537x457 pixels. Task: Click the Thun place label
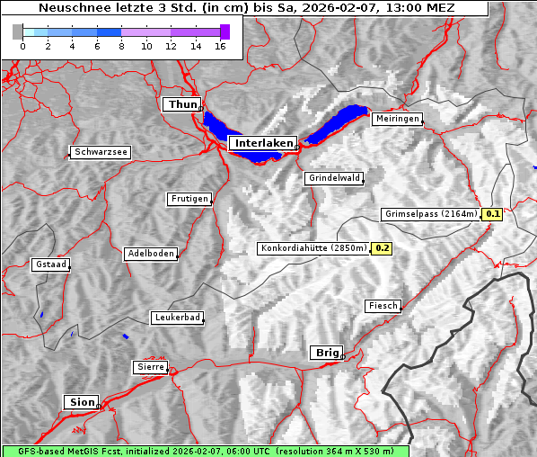pyautogui.click(x=182, y=105)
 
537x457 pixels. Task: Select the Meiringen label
pyautogui.click(x=396, y=119)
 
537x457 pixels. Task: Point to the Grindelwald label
pyautogui.click(x=334, y=178)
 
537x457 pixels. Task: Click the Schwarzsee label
pyautogui.click(x=101, y=152)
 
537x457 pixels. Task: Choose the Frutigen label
pyautogui.click(x=189, y=199)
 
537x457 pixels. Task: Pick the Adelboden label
pyautogui.click(x=150, y=254)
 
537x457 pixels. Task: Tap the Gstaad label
pyautogui.click(x=50, y=264)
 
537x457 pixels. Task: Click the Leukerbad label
pyautogui.click(x=176, y=318)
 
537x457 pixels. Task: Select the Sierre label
pyautogui.click(x=150, y=366)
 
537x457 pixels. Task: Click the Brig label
pyautogui.click(x=326, y=353)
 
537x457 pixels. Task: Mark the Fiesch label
pyautogui.click(x=383, y=306)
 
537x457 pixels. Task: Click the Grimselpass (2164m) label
pyautogui.click(x=431, y=214)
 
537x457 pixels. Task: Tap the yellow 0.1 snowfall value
pyautogui.click(x=492, y=214)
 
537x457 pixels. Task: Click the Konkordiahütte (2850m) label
pyautogui.click(x=313, y=248)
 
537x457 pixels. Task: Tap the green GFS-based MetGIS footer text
pyautogui.click(x=205, y=451)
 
